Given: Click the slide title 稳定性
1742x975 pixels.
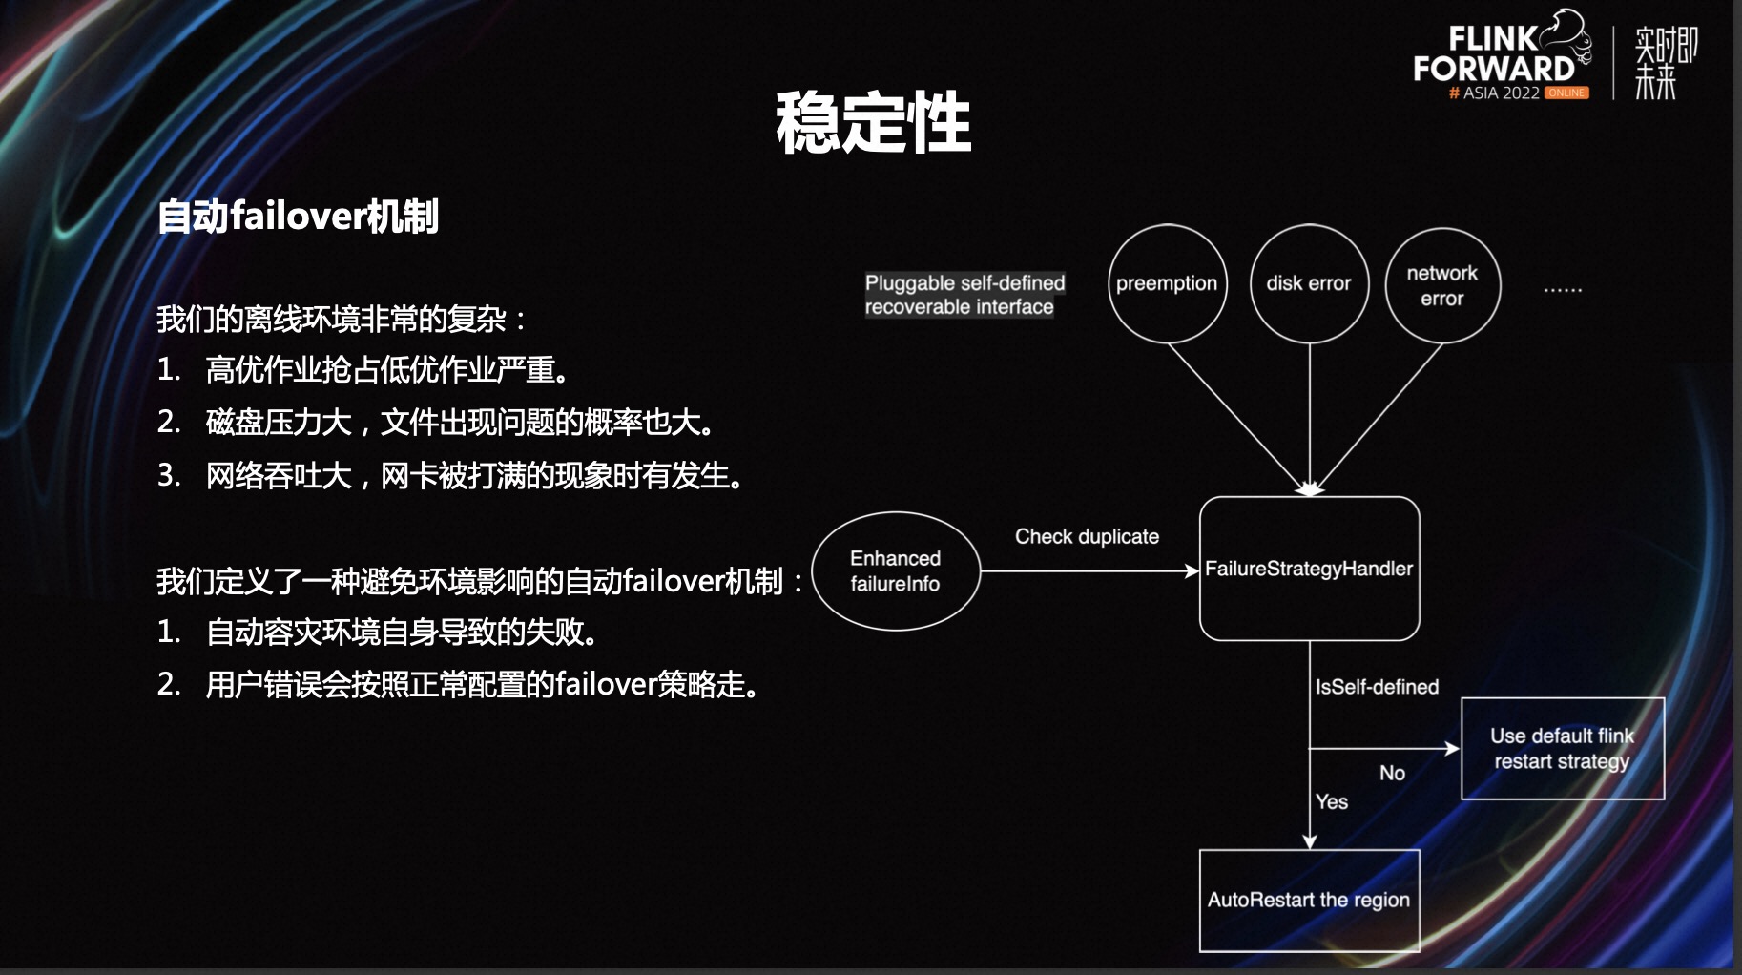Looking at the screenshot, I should click(872, 122).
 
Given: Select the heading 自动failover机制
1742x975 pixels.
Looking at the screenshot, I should click(298, 217).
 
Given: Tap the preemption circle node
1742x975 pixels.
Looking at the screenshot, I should click(1167, 284).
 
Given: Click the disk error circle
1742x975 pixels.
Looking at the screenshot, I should click(1309, 284).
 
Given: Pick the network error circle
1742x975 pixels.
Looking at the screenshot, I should click(1441, 285).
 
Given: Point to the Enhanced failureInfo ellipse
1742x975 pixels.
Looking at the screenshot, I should click(895, 571).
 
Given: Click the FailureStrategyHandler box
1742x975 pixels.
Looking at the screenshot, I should click(1309, 569).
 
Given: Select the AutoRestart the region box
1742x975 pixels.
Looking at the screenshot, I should click(1309, 900).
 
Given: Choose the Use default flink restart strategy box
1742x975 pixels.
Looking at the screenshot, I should click(1562, 749).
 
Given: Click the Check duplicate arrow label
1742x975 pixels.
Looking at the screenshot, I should click(1087, 536).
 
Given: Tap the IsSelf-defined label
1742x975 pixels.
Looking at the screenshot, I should click(1377, 687).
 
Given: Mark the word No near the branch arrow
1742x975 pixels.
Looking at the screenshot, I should click(1392, 773).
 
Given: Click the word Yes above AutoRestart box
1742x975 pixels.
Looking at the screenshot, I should click(1332, 801).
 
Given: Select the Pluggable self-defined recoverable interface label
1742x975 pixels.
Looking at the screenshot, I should click(964, 295).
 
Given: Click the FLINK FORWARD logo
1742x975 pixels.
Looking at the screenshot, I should click(1498, 55).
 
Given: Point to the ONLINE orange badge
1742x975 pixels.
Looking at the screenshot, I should click(1566, 93).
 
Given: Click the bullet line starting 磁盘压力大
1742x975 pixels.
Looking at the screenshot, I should click(460, 422).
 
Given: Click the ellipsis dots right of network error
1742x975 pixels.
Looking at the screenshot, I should click(1563, 288).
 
